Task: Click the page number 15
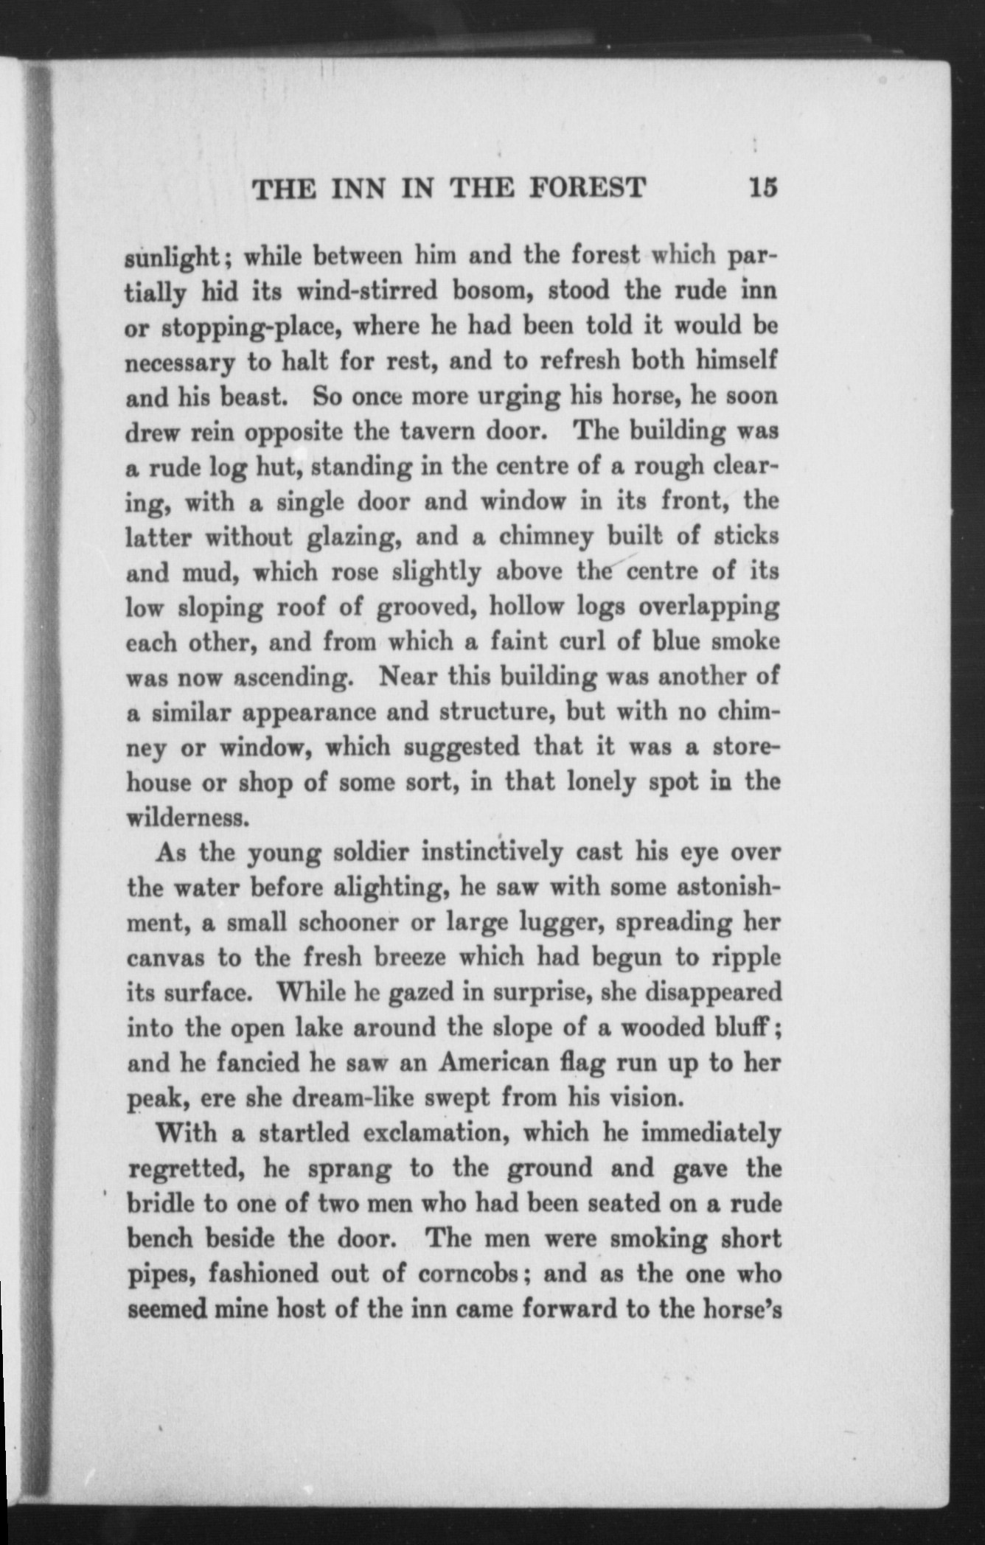(x=762, y=188)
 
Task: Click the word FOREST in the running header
(x=588, y=189)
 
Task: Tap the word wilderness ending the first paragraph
(x=184, y=817)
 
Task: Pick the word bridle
(x=161, y=1203)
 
